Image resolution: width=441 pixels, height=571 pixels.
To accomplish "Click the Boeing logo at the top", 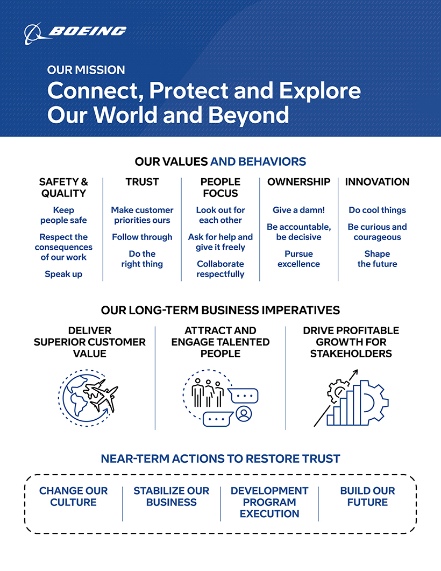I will pos(75,32).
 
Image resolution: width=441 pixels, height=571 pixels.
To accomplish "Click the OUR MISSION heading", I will pos(86,70).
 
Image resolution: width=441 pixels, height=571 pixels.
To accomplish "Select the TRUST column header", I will pos(142,182).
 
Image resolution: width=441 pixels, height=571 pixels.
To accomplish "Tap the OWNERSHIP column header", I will pos(298,182).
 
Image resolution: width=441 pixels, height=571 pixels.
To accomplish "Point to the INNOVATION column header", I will pos(377,182).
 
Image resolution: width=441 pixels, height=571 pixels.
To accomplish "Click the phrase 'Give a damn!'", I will pos(298,210).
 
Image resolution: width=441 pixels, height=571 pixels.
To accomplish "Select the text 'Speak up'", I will pos(63,274).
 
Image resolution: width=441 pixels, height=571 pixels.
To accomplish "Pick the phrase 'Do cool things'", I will pos(377,210).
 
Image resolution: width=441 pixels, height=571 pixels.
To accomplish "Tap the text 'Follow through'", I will pos(142,237).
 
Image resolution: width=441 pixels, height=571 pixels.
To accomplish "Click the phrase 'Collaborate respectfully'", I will pos(220,269).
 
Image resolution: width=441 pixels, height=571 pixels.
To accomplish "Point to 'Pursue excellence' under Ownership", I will pos(298,258).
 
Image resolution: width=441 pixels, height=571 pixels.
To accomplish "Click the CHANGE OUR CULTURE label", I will pos(73,496).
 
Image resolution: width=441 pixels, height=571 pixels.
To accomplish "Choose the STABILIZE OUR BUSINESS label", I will pos(171,496).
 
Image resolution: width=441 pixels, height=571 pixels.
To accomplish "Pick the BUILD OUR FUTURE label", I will pos(367,496).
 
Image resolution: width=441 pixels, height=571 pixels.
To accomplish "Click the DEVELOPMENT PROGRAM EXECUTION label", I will pos(269,502).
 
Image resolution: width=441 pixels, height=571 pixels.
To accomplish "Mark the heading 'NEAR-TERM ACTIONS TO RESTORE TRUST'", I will pos(220,459).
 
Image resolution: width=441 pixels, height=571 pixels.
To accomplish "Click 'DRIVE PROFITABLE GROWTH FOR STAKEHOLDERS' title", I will pos(351,342).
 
